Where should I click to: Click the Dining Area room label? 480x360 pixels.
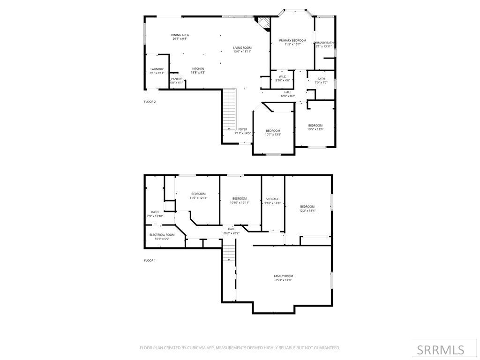click(x=180, y=35)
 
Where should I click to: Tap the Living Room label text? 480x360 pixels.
click(x=242, y=48)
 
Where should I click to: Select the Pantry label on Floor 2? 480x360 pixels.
click(x=176, y=79)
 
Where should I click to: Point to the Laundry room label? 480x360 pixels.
click(x=157, y=69)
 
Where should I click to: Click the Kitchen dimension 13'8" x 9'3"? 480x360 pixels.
click(x=198, y=73)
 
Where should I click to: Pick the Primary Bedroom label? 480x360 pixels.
click(x=292, y=41)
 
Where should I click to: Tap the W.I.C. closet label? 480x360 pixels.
click(x=283, y=76)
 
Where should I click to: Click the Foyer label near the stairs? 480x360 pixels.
click(x=242, y=129)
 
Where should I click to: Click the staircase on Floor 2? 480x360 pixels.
click(x=228, y=110)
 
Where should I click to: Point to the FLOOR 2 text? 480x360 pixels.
click(x=150, y=102)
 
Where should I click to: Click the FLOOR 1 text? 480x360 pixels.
click(x=150, y=260)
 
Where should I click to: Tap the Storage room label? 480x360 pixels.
click(x=272, y=199)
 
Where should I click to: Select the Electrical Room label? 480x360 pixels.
click(x=162, y=235)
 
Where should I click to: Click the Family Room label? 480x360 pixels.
click(x=284, y=276)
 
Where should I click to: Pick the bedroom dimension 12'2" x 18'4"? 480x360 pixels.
click(x=307, y=210)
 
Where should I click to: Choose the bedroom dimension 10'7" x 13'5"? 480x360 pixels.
click(x=273, y=135)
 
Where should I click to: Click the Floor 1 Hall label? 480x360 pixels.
click(x=232, y=229)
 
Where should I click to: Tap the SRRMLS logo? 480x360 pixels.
click(x=441, y=350)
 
